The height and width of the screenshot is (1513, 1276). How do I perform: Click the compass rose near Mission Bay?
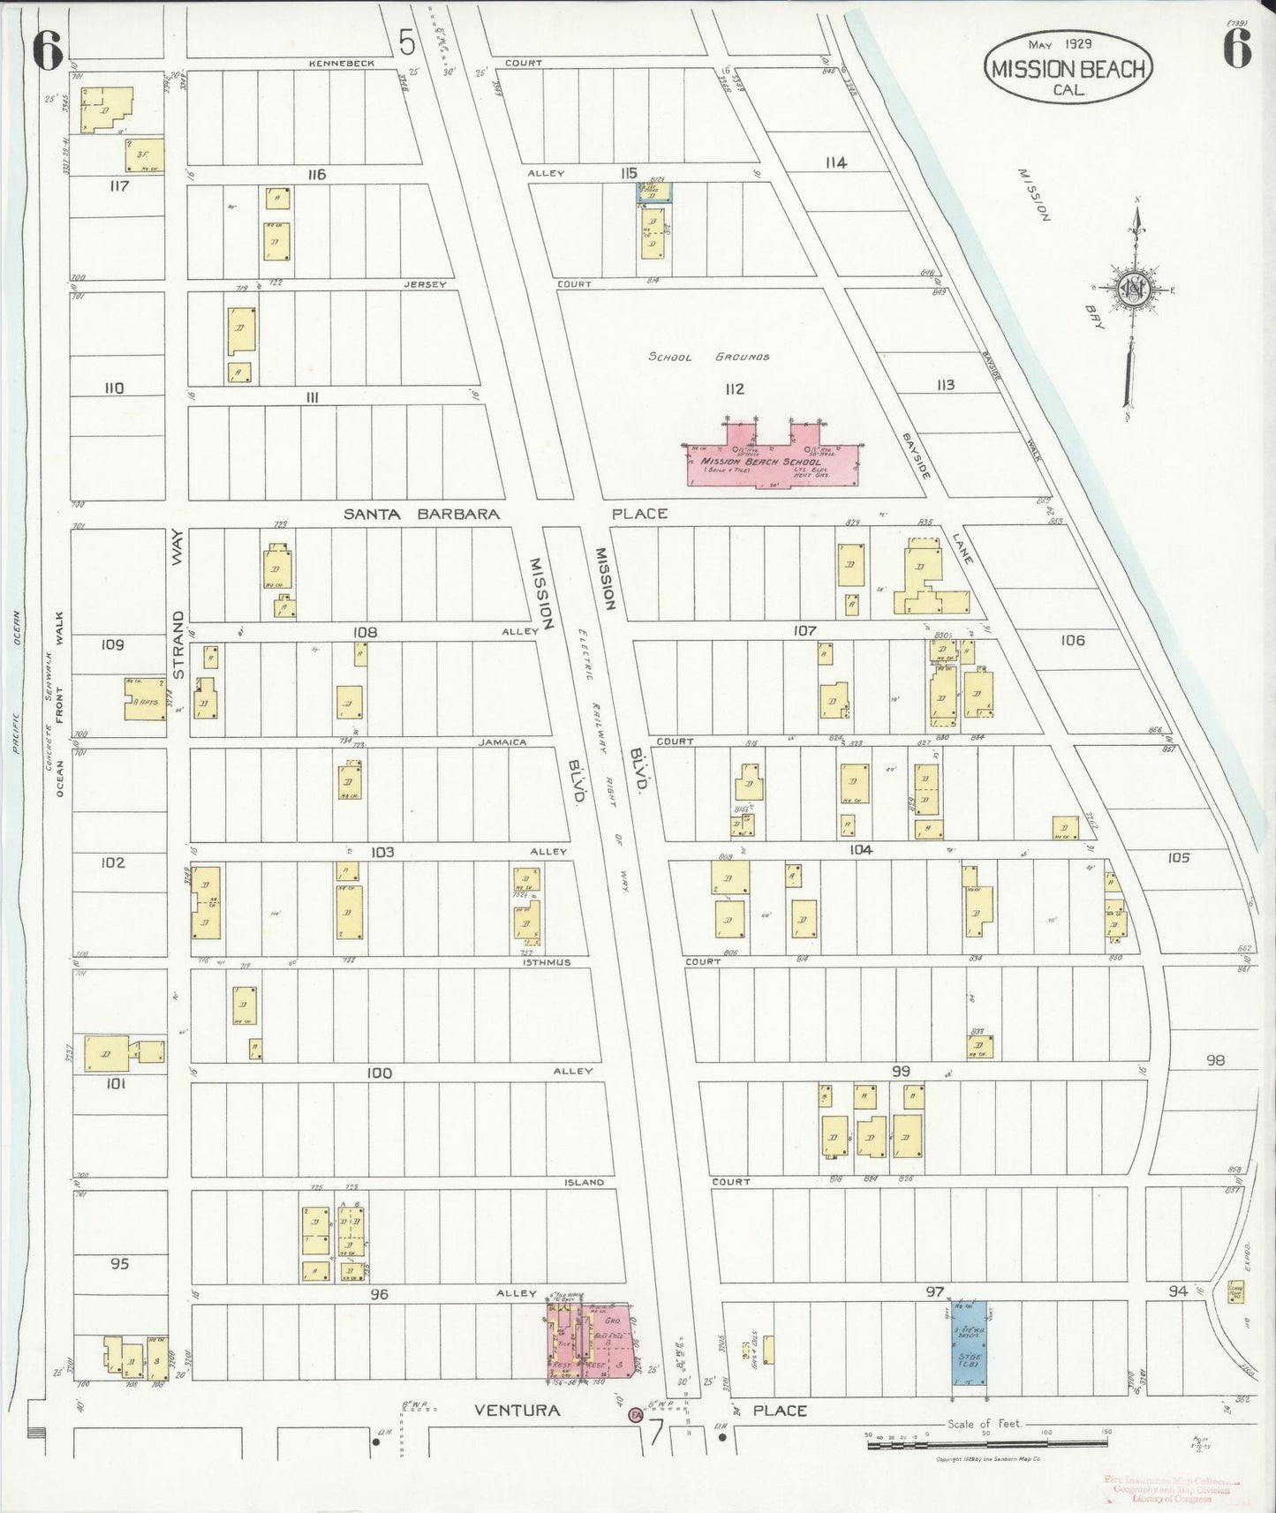(x=1133, y=291)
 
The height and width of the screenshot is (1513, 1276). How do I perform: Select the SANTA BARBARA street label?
(x=421, y=514)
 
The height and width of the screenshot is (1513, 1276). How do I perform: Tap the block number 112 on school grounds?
(x=734, y=388)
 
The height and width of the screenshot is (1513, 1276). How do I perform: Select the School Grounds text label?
(x=709, y=357)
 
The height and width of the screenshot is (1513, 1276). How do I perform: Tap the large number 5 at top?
(x=406, y=41)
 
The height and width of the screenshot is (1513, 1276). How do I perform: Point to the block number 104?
(x=860, y=850)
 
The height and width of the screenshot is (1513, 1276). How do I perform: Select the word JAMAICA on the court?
(x=502, y=742)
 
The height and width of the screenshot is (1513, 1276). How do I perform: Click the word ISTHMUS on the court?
(x=547, y=962)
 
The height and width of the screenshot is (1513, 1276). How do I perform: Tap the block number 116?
(x=316, y=175)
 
